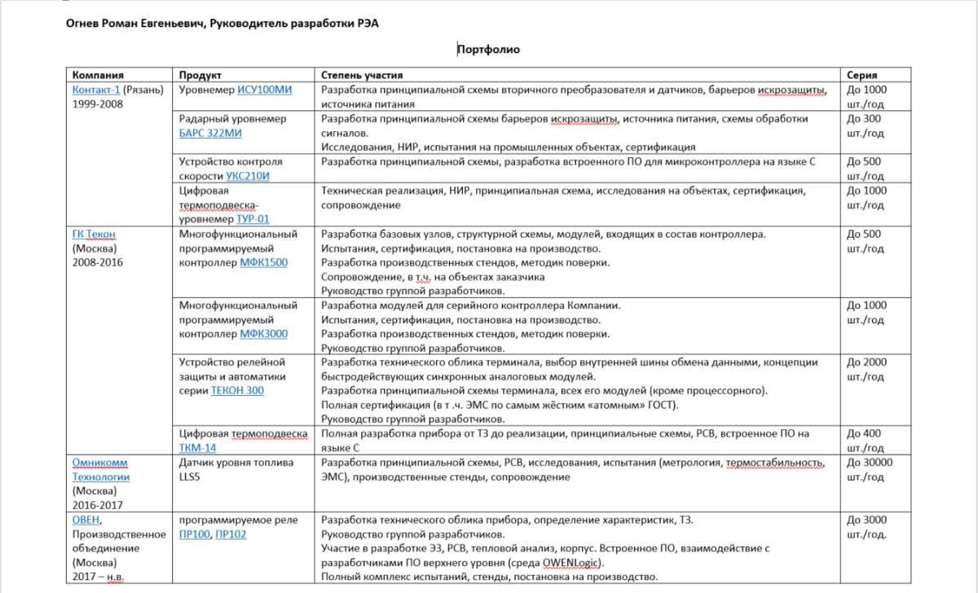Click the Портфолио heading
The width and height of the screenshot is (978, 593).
click(x=488, y=50)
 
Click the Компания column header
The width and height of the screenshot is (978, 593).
click(x=97, y=75)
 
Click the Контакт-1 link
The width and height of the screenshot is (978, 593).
click(x=96, y=90)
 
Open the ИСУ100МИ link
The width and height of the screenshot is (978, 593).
click(x=264, y=90)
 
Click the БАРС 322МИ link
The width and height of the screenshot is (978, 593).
click(x=210, y=133)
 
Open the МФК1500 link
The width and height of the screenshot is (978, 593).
click(x=263, y=263)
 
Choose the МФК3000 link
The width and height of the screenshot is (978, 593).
click(x=263, y=334)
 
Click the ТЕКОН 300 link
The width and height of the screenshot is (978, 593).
click(x=237, y=390)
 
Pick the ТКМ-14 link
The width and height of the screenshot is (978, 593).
click(x=198, y=448)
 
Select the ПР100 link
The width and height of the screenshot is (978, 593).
click(x=194, y=534)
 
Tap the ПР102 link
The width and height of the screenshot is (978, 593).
click(x=231, y=534)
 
